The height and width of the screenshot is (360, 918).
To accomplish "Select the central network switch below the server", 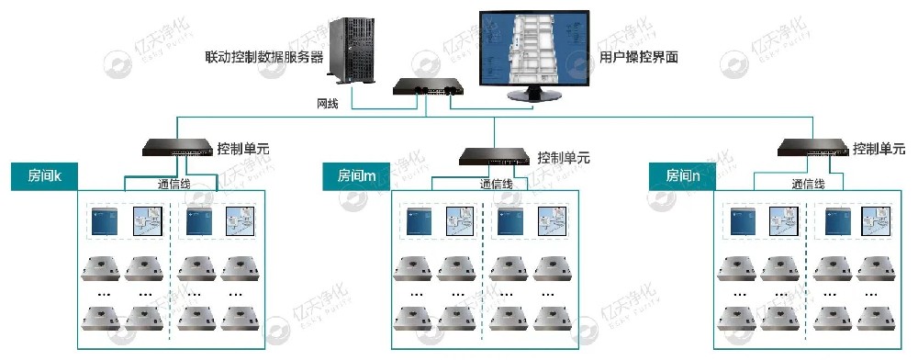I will tap(428, 88).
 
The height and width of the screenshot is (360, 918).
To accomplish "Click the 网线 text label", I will tap(328, 103).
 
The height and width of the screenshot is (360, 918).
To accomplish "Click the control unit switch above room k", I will tap(178, 145).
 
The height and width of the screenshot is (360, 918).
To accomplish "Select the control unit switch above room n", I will tap(812, 146).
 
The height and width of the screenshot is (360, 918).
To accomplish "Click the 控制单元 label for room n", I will tap(879, 148).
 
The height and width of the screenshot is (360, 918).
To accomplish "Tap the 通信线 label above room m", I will tap(497, 185).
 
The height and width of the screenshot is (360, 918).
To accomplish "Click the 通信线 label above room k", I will tap(169, 184).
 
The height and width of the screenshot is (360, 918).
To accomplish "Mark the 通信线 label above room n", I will tap(808, 185).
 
